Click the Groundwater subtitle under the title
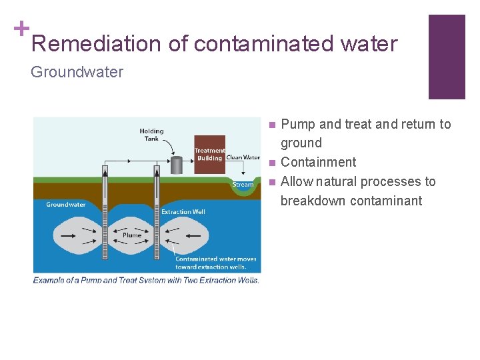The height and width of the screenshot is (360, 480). [x=77, y=72]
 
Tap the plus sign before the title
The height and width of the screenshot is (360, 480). [x=21, y=28]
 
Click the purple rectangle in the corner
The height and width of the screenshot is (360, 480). [x=446, y=57]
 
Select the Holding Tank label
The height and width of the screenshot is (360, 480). [x=151, y=135]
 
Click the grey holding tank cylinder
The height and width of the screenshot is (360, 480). [x=177, y=165]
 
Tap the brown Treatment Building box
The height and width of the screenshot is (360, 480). [x=209, y=155]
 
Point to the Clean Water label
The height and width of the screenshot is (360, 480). [x=243, y=158]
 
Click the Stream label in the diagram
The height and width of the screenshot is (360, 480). [x=243, y=184]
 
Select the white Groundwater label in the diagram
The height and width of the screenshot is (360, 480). [x=65, y=205]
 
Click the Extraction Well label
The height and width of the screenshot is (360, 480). [x=185, y=212]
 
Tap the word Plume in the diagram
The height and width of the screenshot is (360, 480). [x=132, y=235]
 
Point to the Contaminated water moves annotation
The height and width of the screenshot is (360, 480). [x=215, y=263]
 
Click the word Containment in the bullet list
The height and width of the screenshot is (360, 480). [x=318, y=162]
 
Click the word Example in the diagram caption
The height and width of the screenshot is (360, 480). [x=51, y=281]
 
